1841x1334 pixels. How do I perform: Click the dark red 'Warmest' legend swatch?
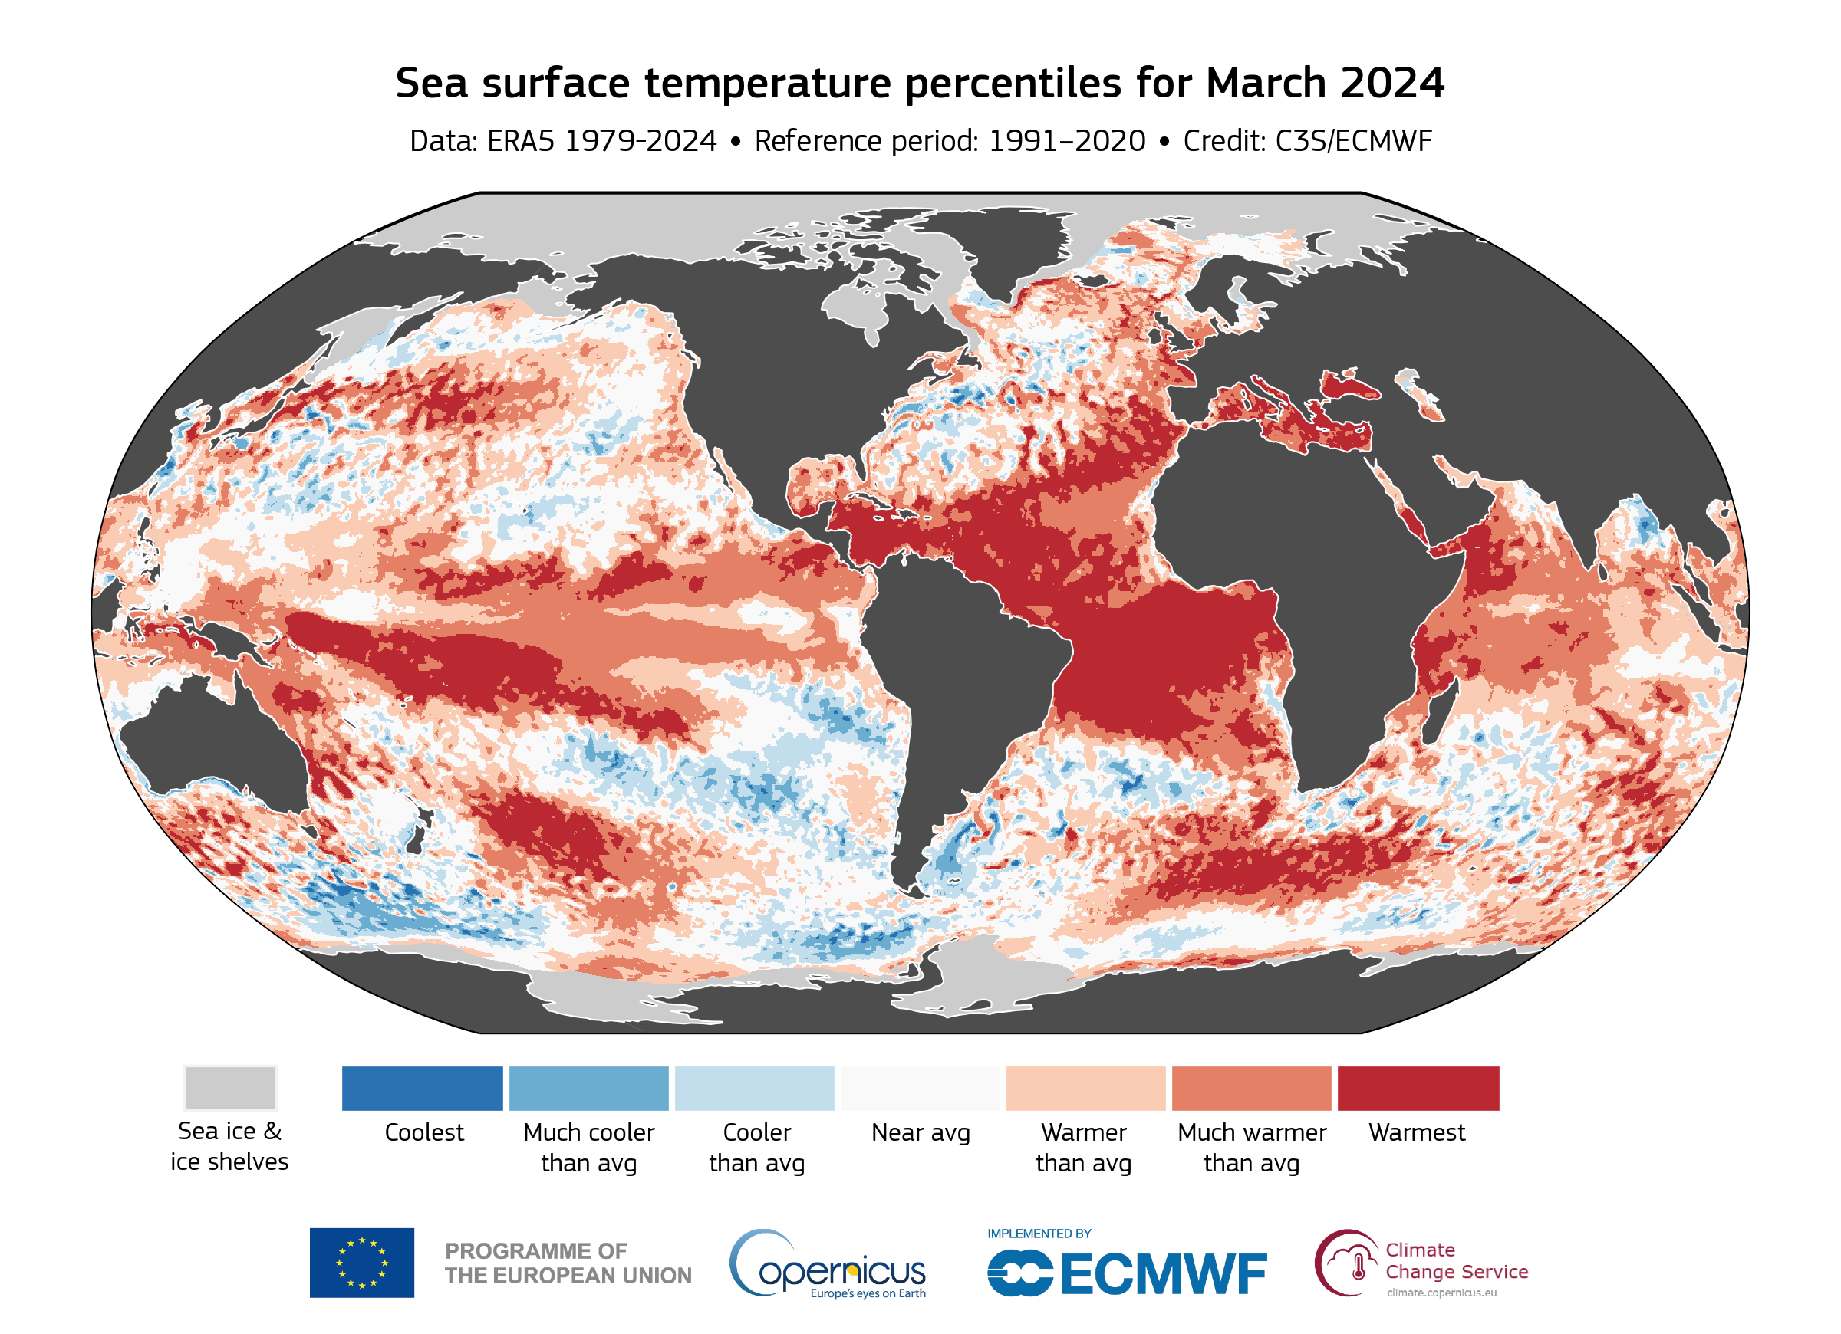point(1418,1088)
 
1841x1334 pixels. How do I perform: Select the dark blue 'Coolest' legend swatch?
point(422,1088)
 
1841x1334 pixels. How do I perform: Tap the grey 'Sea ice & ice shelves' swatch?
point(229,1088)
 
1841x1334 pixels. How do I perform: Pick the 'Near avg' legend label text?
point(920,1133)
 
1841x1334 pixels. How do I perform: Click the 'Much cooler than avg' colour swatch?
point(588,1088)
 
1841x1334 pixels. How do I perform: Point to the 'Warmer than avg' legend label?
point(1084,1148)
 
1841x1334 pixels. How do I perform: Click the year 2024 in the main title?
point(1392,83)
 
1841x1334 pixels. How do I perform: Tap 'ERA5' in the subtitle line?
point(520,141)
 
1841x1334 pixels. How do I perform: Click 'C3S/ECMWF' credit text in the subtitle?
point(1353,141)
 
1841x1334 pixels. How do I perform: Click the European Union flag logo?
point(361,1263)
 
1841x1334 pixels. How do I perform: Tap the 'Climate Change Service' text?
point(1456,1261)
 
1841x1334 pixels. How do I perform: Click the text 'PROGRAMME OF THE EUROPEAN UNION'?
point(568,1263)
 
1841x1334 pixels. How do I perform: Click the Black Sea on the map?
point(1348,386)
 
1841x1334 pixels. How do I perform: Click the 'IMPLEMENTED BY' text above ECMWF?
point(1039,1234)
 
